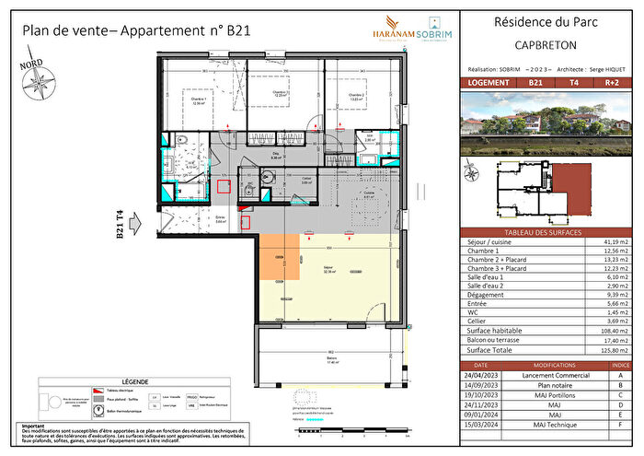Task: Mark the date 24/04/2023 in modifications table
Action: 485,375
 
